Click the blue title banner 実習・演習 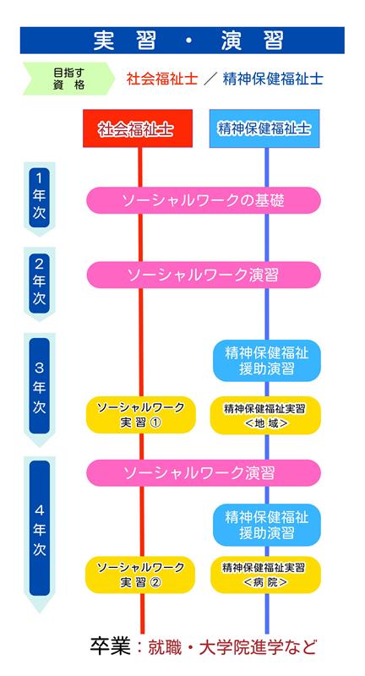click(182, 40)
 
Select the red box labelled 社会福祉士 click(138, 128)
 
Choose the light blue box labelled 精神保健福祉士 click(264, 128)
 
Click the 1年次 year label click(39, 197)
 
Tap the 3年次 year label click(39, 386)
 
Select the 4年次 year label click(39, 529)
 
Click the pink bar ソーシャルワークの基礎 click(204, 200)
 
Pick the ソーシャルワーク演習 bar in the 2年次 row click(204, 275)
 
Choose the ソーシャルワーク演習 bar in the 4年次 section click(204, 473)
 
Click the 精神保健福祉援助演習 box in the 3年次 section click(267, 361)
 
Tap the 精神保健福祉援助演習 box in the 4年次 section click(267, 525)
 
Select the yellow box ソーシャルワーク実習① click(141, 415)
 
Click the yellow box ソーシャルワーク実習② click(140, 575)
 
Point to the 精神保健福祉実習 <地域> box click(265, 415)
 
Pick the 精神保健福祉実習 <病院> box click(265, 575)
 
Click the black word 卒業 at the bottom click(111, 646)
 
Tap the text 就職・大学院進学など click(232, 647)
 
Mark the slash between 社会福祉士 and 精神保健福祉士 click(210, 79)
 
